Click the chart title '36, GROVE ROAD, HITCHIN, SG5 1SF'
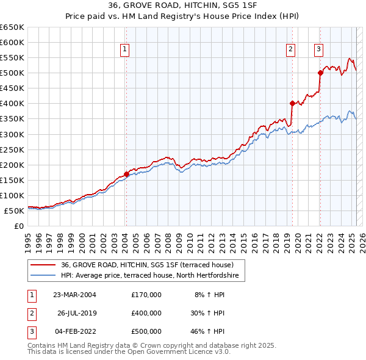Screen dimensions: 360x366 [182, 7]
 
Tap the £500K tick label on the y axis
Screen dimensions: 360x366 [12, 73]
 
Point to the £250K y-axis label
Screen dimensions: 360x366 [12, 149]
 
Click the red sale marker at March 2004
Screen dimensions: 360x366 [126, 174]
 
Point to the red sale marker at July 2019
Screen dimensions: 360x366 [292, 103]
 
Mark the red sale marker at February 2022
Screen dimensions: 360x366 [320, 73]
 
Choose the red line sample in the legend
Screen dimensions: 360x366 [43, 265]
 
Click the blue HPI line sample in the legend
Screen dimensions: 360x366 [43, 276]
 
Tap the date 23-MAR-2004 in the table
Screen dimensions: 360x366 [75, 295]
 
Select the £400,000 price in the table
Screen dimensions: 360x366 [146, 313]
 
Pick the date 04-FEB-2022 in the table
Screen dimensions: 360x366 [75, 331]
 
